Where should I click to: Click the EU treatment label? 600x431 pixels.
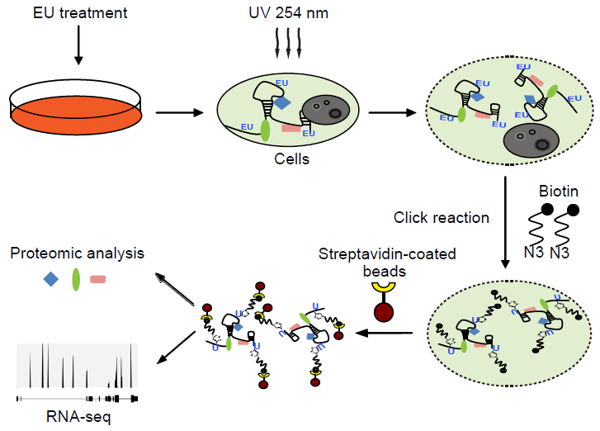coord(78,14)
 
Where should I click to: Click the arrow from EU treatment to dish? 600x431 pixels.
coord(78,46)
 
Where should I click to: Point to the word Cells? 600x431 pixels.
coord(291,159)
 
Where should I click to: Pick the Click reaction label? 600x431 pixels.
coord(442,218)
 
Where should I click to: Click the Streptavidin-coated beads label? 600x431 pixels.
coord(387,262)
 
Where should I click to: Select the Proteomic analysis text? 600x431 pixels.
coord(75,252)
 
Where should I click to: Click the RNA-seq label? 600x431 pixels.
coord(77,417)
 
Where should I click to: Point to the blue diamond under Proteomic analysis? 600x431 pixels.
coord(51,279)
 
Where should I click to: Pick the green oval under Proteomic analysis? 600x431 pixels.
coord(76,279)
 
